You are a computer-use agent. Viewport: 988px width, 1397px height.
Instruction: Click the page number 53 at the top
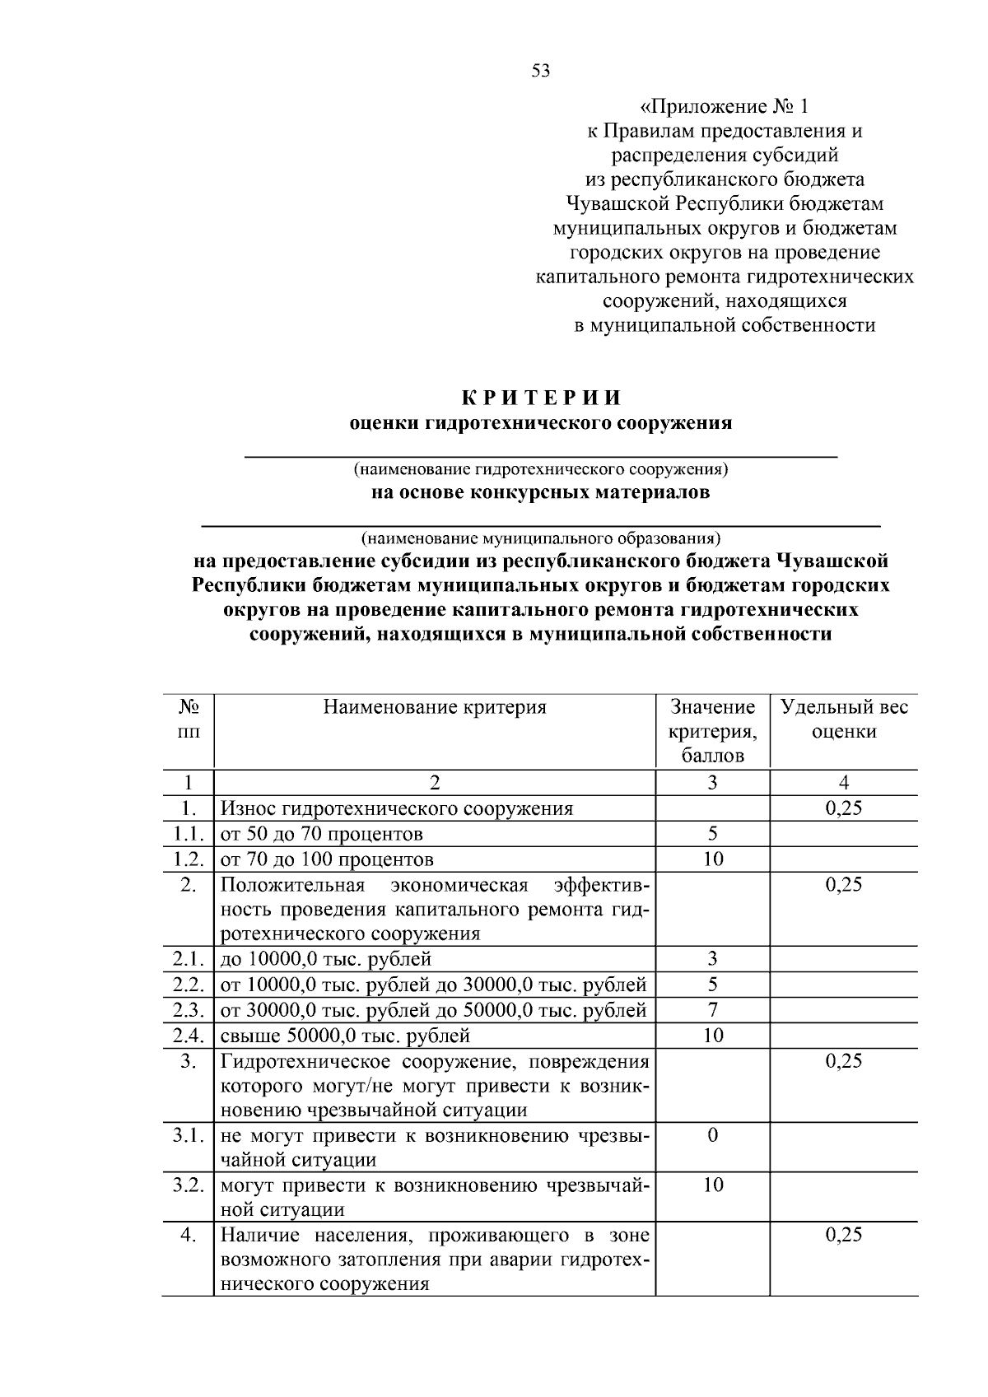click(541, 71)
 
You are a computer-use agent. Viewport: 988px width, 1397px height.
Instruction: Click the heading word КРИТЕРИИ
click(540, 398)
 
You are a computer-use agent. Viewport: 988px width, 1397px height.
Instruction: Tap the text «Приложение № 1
click(725, 107)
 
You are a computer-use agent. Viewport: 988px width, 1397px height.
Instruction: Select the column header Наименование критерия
click(434, 707)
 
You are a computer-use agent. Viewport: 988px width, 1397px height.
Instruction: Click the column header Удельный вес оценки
click(844, 719)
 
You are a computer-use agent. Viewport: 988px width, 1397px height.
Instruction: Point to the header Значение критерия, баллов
click(712, 731)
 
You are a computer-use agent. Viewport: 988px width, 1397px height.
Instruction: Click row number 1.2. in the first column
click(189, 859)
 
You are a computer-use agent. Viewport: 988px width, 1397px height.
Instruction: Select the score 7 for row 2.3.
click(712, 1009)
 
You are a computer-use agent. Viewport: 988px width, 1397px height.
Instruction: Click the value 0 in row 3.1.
click(712, 1135)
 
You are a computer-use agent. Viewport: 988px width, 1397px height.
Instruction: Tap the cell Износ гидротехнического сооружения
click(396, 808)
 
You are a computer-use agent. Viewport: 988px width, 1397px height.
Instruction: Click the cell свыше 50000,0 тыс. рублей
click(345, 1036)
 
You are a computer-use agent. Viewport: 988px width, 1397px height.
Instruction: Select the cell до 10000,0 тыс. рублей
click(326, 959)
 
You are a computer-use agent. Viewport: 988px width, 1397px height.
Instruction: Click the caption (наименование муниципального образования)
click(541, 539)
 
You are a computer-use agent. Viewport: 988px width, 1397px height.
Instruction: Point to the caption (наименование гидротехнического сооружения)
click(541, 470)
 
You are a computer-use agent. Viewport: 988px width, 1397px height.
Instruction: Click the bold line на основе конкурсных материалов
click(540, 493)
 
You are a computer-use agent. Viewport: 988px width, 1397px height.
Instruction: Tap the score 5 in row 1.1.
click(712, 833)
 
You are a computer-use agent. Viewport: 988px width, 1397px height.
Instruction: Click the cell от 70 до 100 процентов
click(327, 859)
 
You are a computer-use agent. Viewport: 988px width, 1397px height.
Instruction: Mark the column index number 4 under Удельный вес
click(844, 783)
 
